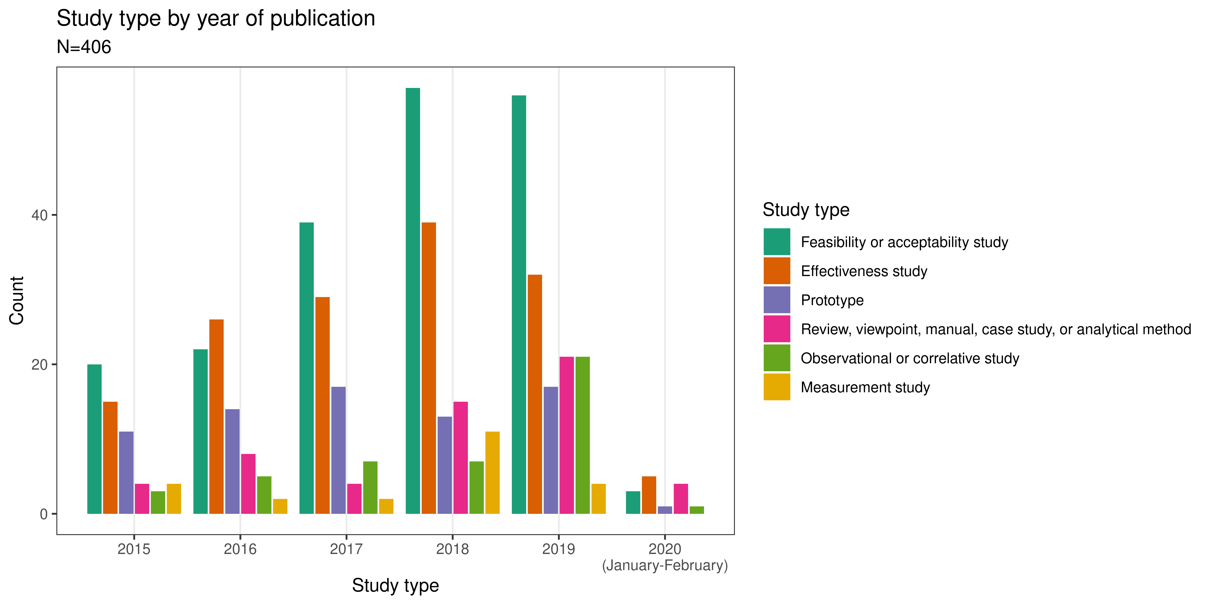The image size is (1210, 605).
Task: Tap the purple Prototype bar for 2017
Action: [338, 450]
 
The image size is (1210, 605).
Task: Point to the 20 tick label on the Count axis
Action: [40, 365]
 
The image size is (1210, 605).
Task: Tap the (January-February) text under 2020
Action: [665, 565]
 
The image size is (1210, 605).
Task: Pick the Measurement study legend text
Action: [865, 388]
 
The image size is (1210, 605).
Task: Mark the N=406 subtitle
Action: [84, 47]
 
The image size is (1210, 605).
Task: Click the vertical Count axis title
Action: [17, 301]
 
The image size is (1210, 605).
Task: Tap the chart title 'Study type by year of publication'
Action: [216, 19]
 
